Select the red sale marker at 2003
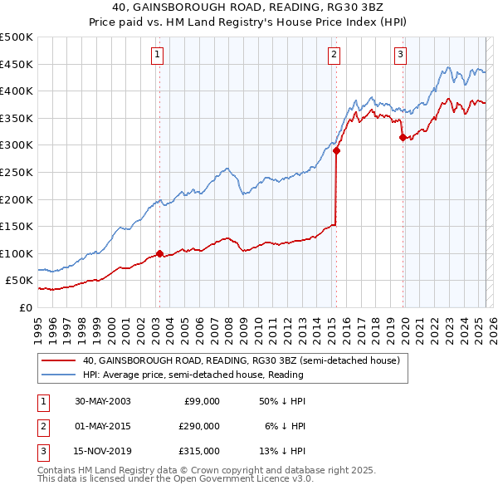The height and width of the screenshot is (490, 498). [x=159, y=254]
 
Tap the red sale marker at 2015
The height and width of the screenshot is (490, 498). [x=336, y=151]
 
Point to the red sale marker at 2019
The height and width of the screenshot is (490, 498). [x=403, y=138]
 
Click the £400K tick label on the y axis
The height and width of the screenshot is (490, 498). [x=17, y=91]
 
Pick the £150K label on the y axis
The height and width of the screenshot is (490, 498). [x=17, y=226]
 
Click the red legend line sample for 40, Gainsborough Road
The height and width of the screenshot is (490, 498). [x=58, y=360]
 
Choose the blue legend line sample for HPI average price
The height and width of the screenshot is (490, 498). [x=58, y=375]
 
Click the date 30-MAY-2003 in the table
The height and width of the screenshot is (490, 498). [x=102, y=401]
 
